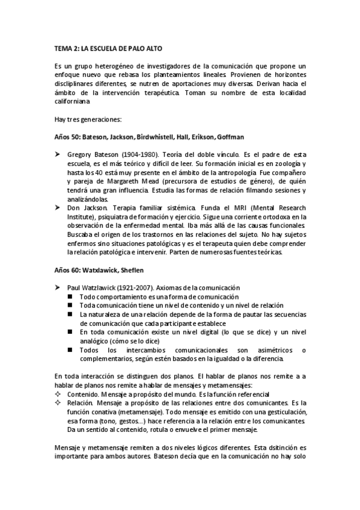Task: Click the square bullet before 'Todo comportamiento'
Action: coord(70,297)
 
